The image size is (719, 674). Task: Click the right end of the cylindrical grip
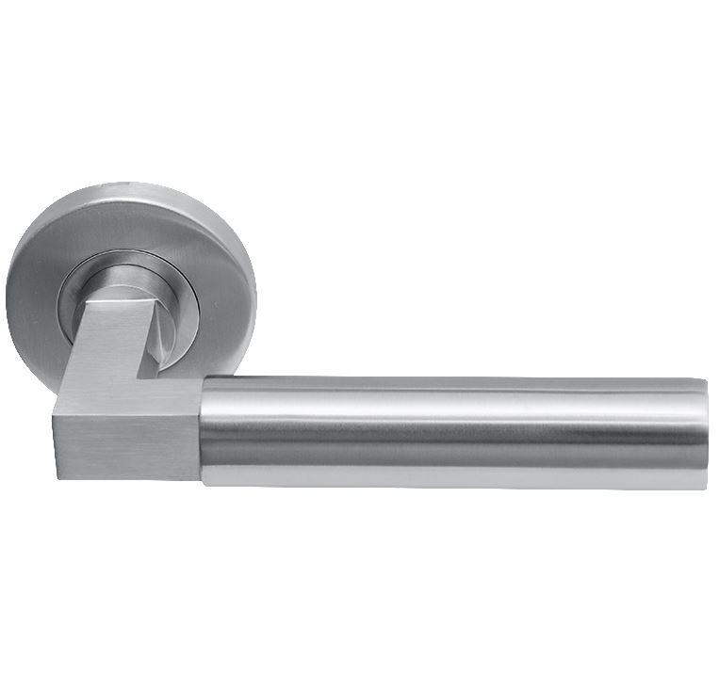click(702, 433)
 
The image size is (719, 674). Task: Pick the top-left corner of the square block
click(55, 404)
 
